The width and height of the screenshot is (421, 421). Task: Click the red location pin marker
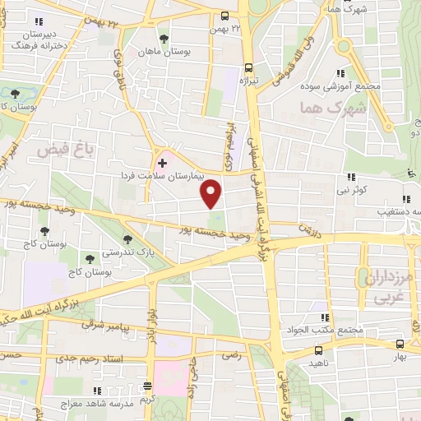click(x=211, y=193)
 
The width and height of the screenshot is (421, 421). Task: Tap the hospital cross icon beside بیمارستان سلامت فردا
click(x=162, y=163)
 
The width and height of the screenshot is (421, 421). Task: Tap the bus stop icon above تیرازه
click(x=249, y=68)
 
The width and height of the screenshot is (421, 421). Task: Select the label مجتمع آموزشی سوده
click(x=371, y=86)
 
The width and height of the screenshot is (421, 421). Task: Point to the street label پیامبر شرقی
click(x=104, y=326)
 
